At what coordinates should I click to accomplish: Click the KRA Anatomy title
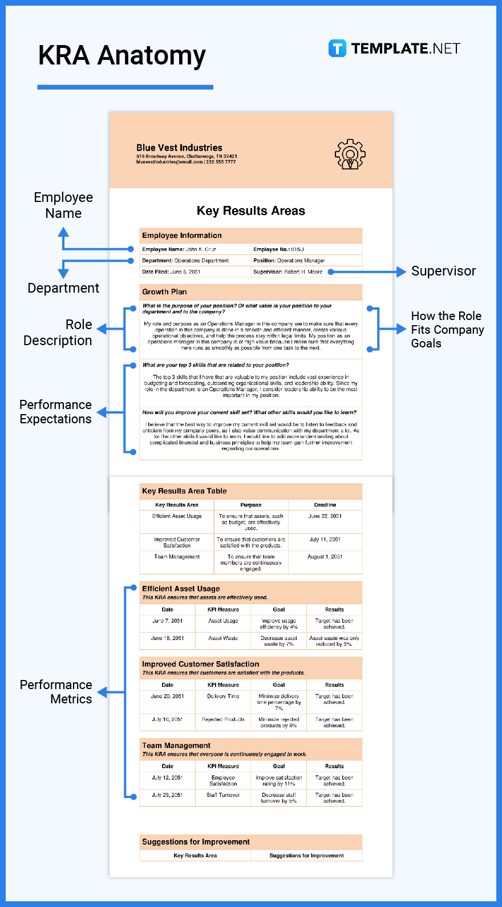[122, 56]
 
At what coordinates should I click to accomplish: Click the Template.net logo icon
[337, 48]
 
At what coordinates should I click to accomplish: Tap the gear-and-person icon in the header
[350, 154]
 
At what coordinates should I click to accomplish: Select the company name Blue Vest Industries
[179, 148]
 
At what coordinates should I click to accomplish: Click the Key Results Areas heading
[250, 211]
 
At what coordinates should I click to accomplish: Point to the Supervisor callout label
[443, 272]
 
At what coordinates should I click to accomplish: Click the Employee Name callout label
[63, 205]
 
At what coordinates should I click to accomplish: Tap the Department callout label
[63, 288]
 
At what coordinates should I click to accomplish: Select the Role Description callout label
[58, 333]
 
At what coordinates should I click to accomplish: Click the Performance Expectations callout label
[55, 412]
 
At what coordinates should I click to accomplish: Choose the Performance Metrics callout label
[56, 692]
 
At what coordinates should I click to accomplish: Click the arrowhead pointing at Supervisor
[402, 272]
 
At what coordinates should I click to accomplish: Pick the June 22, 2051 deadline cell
[325, 516]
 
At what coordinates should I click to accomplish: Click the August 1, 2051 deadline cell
[325, 557]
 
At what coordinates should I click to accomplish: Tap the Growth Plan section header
[164, 291]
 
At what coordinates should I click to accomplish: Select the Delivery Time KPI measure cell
[223, 697]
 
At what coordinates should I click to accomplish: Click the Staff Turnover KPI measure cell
[223, 795]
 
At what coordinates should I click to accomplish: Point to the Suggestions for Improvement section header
[196, 842]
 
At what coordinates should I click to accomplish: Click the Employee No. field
[279, 249]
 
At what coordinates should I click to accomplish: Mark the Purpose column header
[250, 505]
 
